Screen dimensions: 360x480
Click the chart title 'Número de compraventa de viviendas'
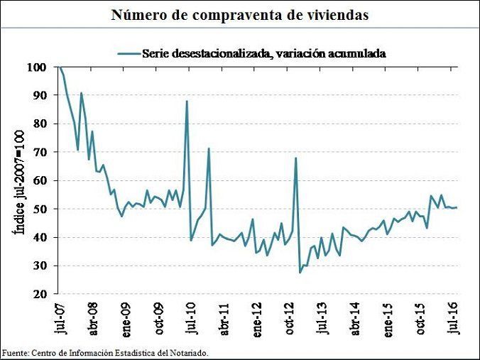(240, 15)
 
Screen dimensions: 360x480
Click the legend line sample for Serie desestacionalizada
(127, 52)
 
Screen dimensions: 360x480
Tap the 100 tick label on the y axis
(38, 67)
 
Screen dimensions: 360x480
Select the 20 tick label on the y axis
(40, 294)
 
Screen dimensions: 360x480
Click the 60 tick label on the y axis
(40, 180)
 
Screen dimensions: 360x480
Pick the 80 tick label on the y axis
(40, 124)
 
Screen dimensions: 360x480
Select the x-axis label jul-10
(190, 317)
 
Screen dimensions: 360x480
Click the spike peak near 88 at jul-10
(187, 101)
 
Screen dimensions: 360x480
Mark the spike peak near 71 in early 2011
(209, 148)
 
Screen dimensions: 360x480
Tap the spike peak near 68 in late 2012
(295, 158)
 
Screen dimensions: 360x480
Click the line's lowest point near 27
(300, 273)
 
